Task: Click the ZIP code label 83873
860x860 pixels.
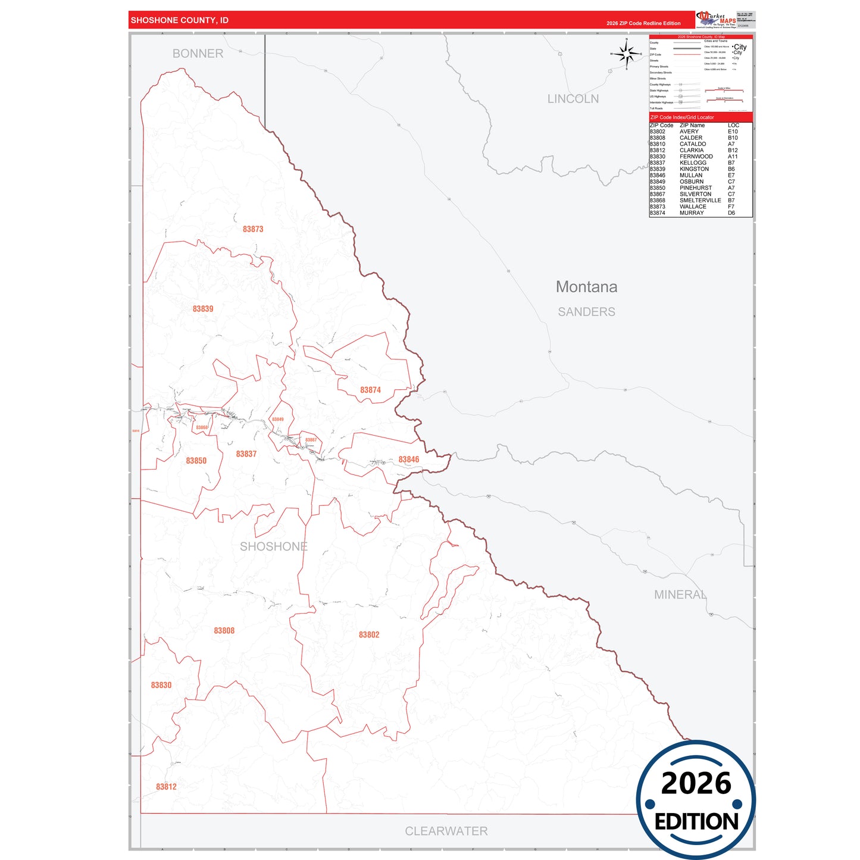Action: [253, 229]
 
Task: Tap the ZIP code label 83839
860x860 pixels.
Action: [203, 309]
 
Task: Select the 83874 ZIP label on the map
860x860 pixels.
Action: [370, 390]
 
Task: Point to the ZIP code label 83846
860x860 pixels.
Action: [409, 459]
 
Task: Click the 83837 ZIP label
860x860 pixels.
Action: [246, 454]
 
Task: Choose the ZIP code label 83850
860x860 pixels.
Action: [196, 461]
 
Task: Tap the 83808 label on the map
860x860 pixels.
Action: [224, 631]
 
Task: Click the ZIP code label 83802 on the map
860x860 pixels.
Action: [369, 635]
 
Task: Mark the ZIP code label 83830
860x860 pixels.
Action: [161, 686]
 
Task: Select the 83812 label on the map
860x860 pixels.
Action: [167, 787]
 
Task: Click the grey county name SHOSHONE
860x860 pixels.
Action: [274, 546]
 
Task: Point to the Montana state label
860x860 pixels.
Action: [586, 287]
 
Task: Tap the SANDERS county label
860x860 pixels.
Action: [586, 312]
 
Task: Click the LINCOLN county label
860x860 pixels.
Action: [573, 99]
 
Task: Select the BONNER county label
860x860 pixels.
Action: [198, 54]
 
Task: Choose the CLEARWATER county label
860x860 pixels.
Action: [446, 831]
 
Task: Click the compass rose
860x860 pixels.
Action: [627, 54]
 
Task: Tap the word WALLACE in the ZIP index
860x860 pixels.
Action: [693, 207]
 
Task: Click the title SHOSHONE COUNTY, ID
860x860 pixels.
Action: [180, 20]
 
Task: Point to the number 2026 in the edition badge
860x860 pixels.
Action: [696, 783]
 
